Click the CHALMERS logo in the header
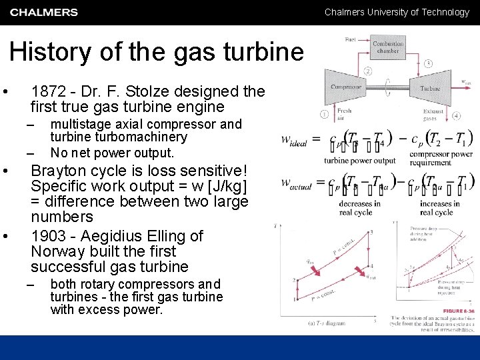click(44, 12)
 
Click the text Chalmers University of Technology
click(397, 12)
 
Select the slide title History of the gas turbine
click(157, 52)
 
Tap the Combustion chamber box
click(387, 47)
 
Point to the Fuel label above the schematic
click(350, 39)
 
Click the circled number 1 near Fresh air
click(324, 114)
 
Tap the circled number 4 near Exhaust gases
click(457, 115)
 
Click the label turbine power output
click(359, 161)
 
